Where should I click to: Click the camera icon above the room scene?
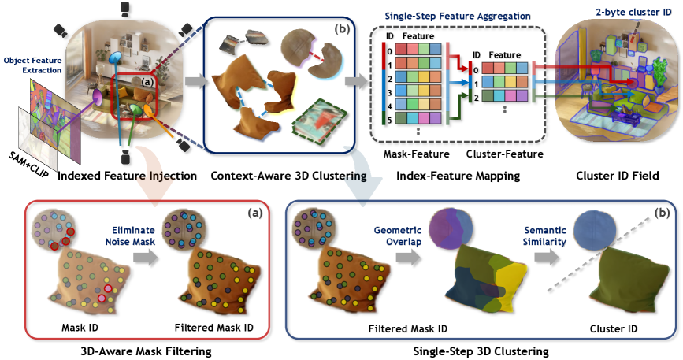tap(125, 9)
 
